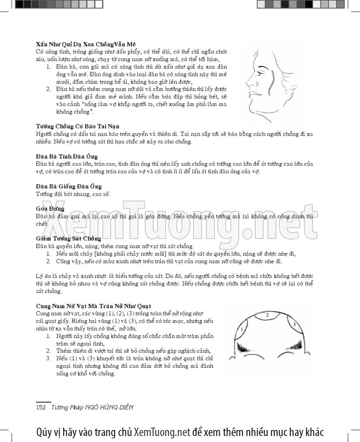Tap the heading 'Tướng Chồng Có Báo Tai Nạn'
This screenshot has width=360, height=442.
[x=78, y=127]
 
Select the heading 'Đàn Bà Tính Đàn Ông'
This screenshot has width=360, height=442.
[x=66, y=156]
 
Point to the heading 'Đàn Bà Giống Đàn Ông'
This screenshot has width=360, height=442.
[x=69, y=186]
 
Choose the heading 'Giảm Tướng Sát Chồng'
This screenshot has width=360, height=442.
[x=68, y=239]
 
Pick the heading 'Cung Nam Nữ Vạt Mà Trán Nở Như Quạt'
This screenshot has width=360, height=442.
[x=93, y=305]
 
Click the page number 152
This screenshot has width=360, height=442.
[x=41, y=407]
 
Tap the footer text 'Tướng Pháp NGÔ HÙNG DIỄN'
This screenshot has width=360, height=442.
[x=92, y=407]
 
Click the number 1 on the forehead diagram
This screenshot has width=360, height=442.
[x=242, y=329]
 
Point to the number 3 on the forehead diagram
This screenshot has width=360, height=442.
[x=294, y=324]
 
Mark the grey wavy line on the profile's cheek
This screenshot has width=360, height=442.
[x=271, y=80]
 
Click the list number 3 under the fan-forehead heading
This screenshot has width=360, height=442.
[x=48, y=358]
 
